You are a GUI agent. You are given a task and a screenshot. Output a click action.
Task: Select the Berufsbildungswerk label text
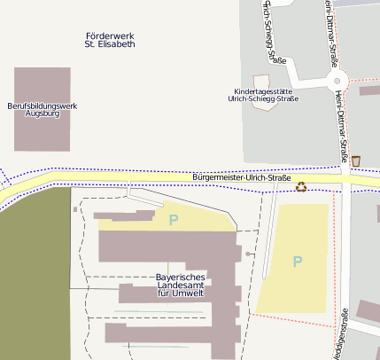pos(42,106)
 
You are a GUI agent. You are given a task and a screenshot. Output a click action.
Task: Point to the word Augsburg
pos(42,114)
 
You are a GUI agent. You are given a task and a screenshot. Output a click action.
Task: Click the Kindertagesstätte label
pos(262,90)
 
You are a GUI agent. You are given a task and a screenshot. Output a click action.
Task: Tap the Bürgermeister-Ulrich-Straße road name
pos(241,178)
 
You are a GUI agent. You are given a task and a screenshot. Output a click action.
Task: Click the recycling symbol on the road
pos(301,186)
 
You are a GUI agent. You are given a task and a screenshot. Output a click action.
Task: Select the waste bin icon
pos(356,160)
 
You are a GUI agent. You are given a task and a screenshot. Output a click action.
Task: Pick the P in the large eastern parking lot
pos(298,261)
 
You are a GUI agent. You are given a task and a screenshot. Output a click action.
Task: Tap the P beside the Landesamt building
pos(174,219)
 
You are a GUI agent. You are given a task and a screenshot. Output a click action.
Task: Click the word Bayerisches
pos(181,278)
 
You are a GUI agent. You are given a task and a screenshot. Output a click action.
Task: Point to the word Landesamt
pos(181,286)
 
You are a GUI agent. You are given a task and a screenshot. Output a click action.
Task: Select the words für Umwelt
pos(181,293)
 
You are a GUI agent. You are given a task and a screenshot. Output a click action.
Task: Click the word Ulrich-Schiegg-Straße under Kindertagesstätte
pos(263,98)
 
